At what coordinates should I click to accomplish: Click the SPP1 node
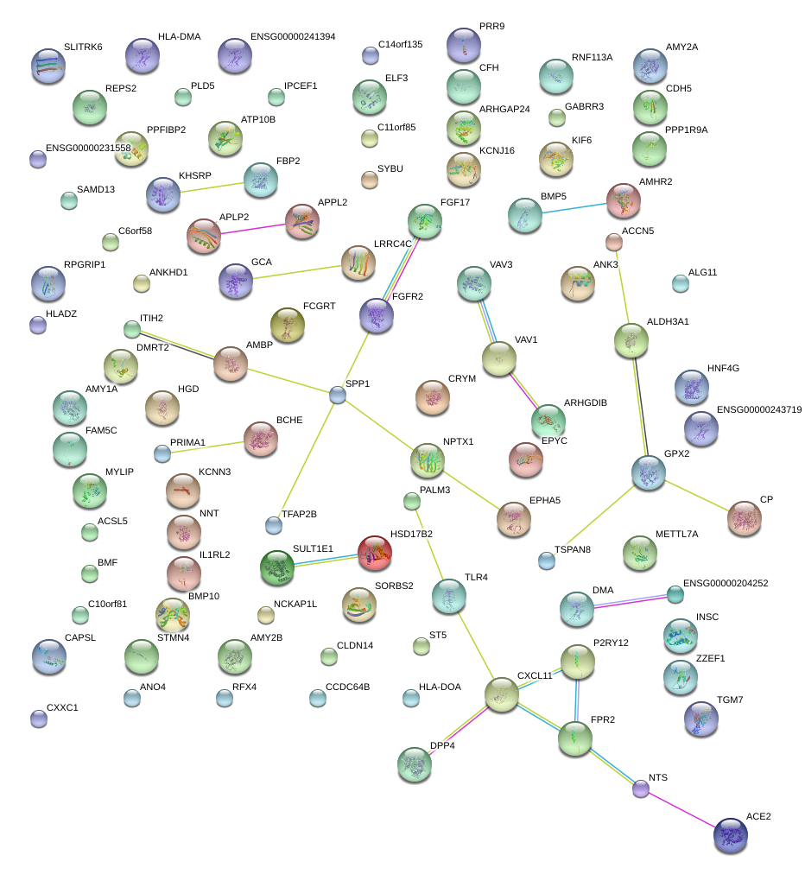click(x=338, y=395)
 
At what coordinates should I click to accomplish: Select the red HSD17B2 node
click(x=375, y=553)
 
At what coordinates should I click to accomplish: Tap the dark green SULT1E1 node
click(x=277, y=567)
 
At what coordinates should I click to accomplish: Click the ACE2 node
click(x=732, y=835)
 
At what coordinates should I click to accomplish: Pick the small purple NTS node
click(x=640, y=788)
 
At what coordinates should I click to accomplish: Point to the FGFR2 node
click(x=377, y=315)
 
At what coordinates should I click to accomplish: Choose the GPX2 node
click(x=648, y=472)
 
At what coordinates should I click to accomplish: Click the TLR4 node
click(x=448, y=595)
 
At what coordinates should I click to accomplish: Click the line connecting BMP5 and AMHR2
click(x=574, y=208)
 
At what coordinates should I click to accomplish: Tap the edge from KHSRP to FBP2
click(x=212, y=186)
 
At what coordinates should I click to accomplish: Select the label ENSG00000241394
click(x=293, y=37)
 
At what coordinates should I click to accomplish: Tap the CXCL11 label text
click(x=535, y=675)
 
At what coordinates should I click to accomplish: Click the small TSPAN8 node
click(x=546, y=560)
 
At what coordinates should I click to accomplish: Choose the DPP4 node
click(x=415, y=765)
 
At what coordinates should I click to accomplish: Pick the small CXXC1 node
click(x=38, y=718)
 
